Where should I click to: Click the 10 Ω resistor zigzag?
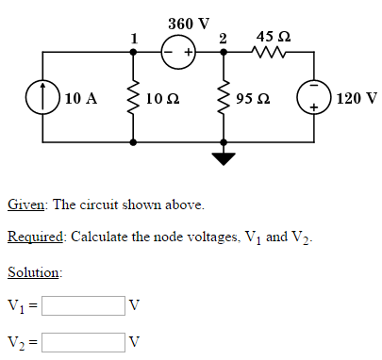pos(133,98)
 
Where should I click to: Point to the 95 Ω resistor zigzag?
pos(224,98)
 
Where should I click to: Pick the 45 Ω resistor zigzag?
pos(270,55)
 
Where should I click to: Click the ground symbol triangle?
pos(224,157)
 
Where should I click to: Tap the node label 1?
pos(134,38)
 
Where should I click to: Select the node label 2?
pos(223,38)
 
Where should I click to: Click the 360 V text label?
pos(189,22)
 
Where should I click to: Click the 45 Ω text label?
pos(273,36)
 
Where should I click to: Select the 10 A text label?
pos(82,98)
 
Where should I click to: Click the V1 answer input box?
pos(83,305)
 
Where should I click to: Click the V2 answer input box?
pos(83,340)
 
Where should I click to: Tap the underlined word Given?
pos(25,205)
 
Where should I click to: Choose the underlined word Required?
pos(35,237)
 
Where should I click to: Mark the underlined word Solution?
pos(34,272)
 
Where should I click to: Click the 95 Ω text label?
pos(257,98)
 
